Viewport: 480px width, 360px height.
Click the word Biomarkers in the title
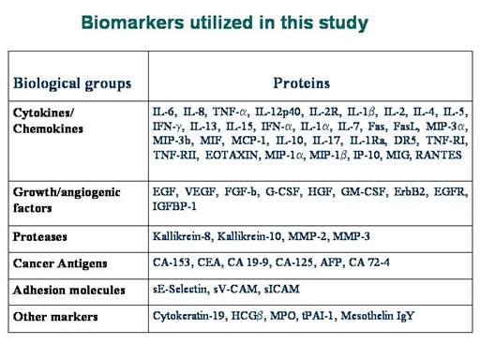pos(132,22)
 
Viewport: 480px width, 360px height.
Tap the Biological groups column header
pos(72,83)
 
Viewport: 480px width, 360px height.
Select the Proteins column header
pos(302,83)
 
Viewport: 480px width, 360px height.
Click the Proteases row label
pos(40,236)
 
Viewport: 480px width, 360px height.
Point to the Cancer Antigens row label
pos(60,263)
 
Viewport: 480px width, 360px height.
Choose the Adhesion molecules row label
pos(69,290)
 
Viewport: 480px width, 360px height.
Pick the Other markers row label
pos(55,317)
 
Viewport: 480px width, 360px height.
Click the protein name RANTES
pos(439,155)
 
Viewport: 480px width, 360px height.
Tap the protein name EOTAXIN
pos(232,156)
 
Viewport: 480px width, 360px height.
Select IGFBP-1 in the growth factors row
pos(174,206)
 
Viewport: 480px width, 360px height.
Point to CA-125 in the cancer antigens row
pos(294,262)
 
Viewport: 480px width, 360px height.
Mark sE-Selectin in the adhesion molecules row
pos(181,289)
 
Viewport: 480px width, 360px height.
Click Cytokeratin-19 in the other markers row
pos(189,316)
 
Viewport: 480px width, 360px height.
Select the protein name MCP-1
pos(250,141)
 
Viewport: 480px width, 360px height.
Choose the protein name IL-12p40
pos(278,112)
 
